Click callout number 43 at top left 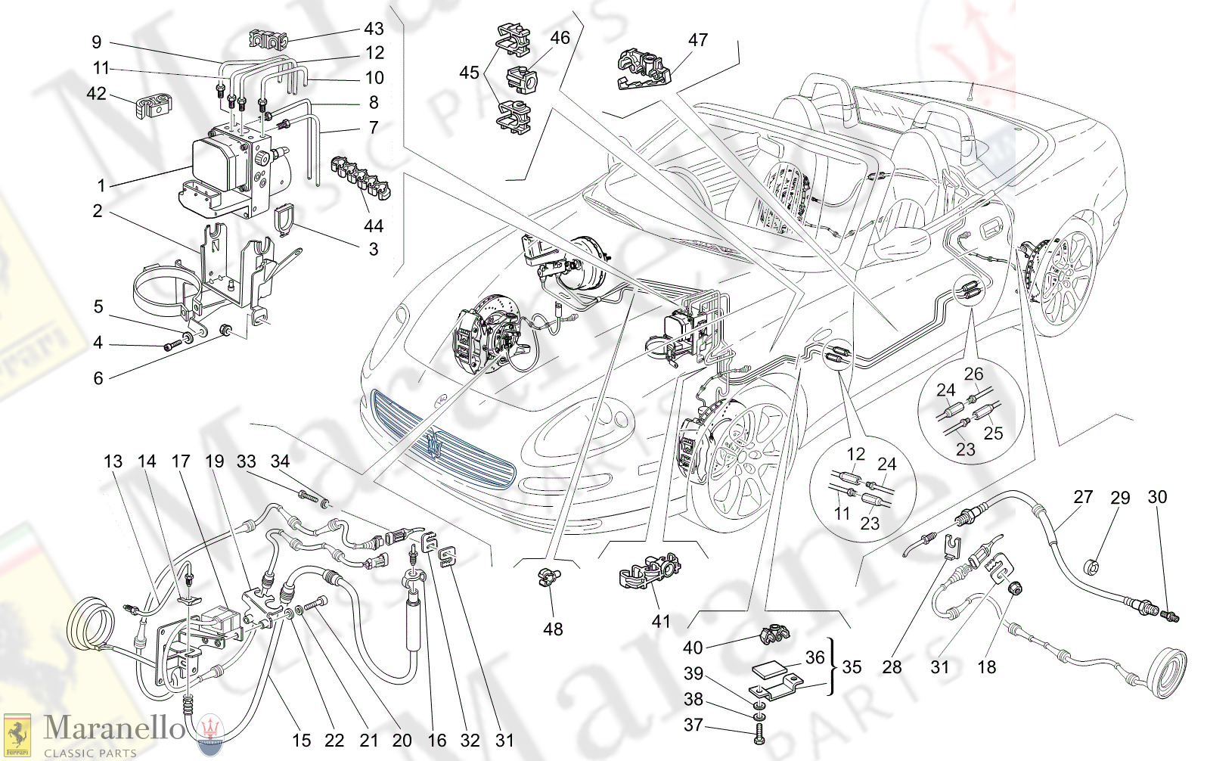[374, 29]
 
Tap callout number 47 [697, 39]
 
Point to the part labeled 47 [644, 70]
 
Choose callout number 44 [373, 225]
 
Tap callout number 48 [553, 629]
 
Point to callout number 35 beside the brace [852, 667]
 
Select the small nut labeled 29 [1091, 566]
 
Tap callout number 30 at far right [1157, 497]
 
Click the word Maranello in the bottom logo [113, 728]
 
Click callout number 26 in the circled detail [973, 374]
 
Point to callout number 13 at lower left [113, 461]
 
